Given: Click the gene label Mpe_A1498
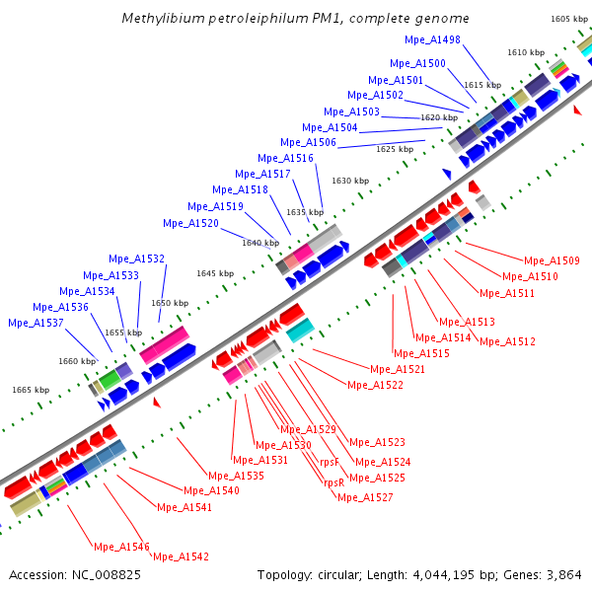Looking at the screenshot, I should [x=432, y=39].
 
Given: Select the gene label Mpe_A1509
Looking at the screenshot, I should [x=552, y=261].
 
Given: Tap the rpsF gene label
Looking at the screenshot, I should [x=330, y=461].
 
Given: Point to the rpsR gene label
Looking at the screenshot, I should [x=333, y=482].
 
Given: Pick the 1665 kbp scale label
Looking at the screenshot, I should [x=31, y=390].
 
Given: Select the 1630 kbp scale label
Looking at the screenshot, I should [x=350, y=181].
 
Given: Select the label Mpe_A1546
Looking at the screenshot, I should [x=121, y=547].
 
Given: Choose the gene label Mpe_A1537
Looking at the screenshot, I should [x=36, y=323].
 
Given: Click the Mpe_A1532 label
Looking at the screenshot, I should [x=136, y=259].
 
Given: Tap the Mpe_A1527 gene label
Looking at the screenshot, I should [x=365, y=497].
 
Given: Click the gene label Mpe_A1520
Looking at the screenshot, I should [x=190, y=223].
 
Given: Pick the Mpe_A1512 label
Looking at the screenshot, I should [x=508, y=342].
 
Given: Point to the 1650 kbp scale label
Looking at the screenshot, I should [x=170, y=303].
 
